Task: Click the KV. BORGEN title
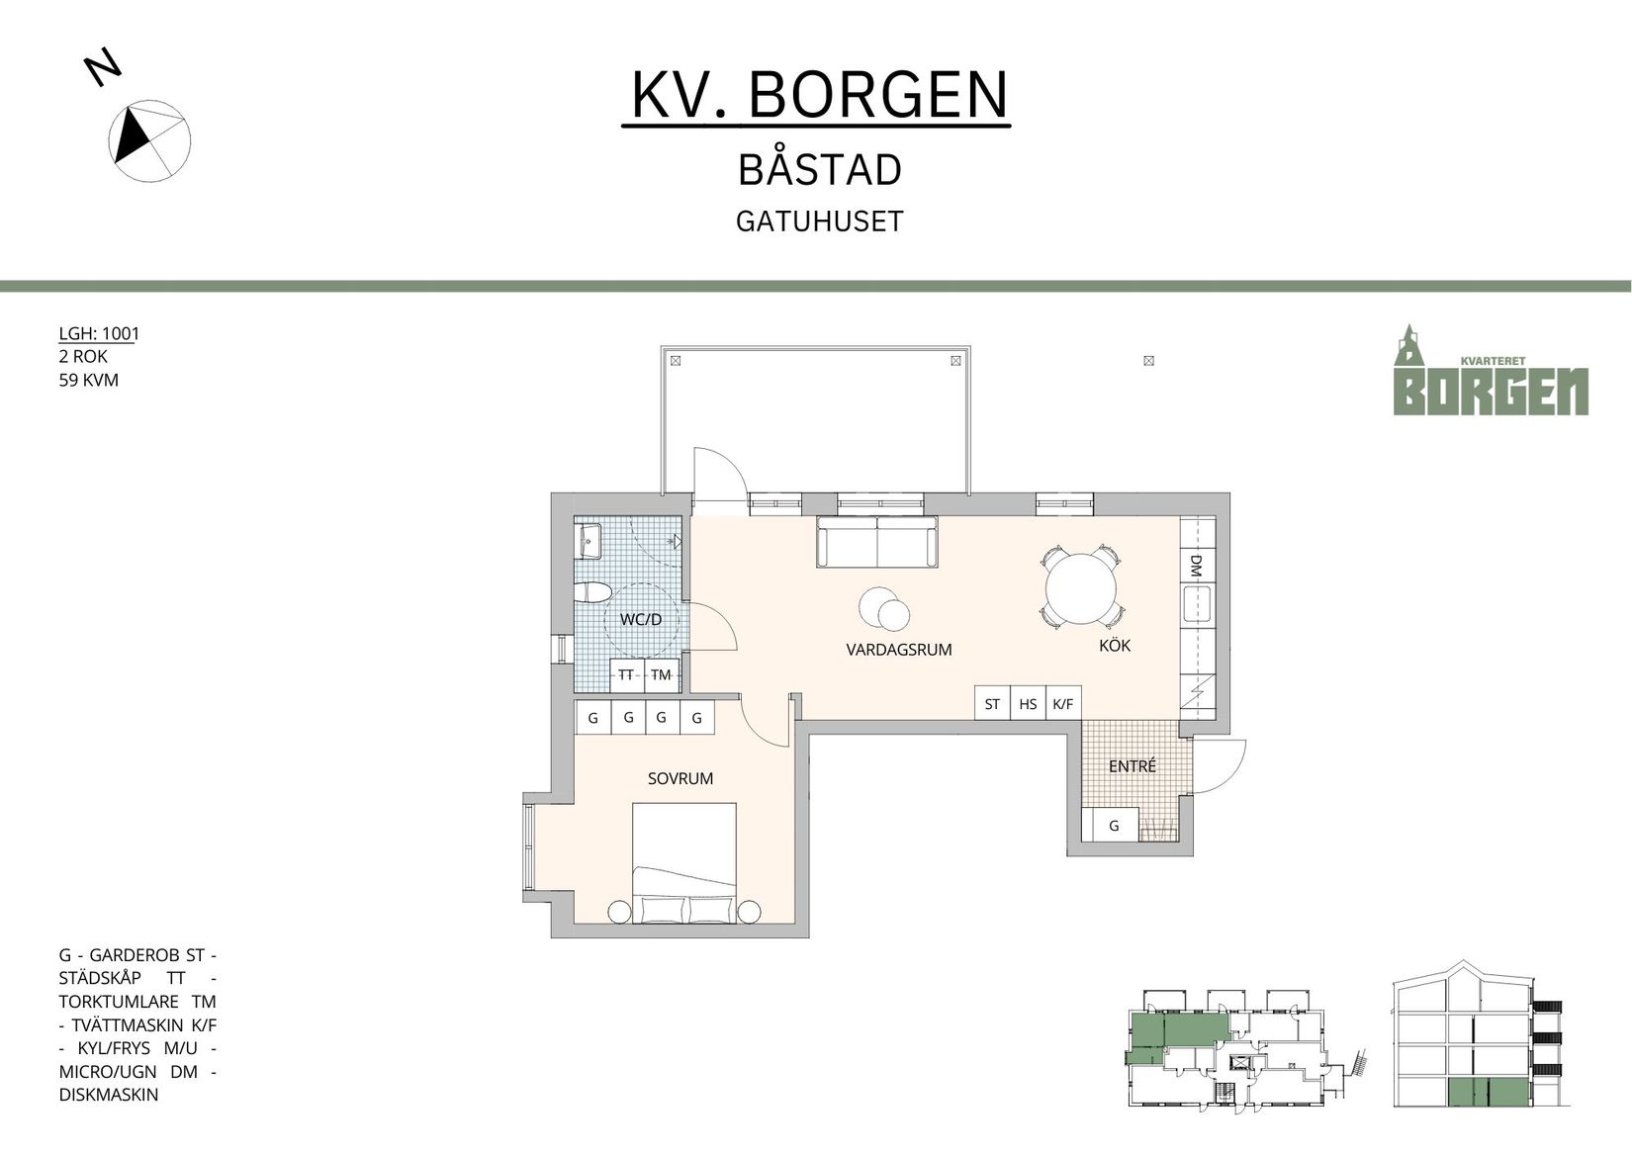coord(819,95)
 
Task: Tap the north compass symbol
coord(148,140)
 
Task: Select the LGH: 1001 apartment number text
coord(99,333)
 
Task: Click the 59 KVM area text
coord(89,380)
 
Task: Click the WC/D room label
coord(640,619)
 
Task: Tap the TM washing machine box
coord(661,674)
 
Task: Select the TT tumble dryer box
coord(626,674)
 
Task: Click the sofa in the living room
coord(876,542)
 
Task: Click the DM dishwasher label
coord(1196,565)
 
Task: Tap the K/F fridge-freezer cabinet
coord(1063,703)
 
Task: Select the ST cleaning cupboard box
coord(992,703)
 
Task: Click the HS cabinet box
coord(1028,703)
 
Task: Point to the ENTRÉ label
coord(1132,766)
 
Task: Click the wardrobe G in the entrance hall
coord(1114,825)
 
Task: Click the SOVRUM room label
coord(680,778)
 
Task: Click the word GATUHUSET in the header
coord(819,221)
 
